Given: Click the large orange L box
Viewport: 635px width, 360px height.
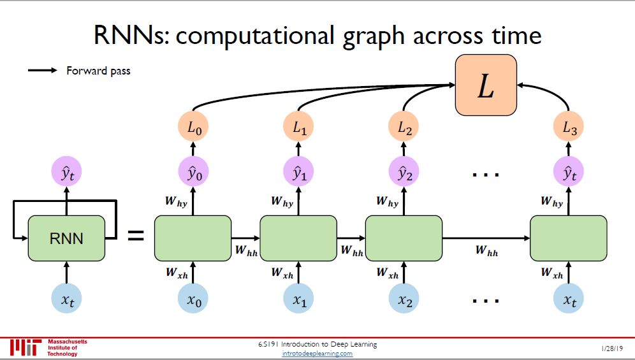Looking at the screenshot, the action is (x=485, y=85).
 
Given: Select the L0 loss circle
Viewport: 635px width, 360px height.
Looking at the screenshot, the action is (x=193, y=129).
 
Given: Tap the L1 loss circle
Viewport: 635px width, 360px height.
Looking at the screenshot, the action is (x=300, y=129).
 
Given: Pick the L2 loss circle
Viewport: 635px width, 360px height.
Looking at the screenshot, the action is (x=404, y=129).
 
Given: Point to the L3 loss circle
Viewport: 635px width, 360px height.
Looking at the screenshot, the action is (x=569, y=129).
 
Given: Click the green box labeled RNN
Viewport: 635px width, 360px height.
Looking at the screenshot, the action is (x=66, y=238).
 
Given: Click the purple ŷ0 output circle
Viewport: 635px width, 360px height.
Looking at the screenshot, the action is (x=193, y=173).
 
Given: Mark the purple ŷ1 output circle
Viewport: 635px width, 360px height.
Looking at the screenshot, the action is (x=300, y=173).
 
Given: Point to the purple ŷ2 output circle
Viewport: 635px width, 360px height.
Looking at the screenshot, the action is (x=404, y=173).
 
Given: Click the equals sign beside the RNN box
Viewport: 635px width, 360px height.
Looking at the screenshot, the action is (x=136, y=236).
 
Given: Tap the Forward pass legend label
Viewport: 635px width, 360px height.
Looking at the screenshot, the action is (x=98, y=71).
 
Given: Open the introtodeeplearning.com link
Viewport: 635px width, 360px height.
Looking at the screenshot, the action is (x=317, y=354).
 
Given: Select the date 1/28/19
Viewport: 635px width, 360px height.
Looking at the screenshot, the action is (x=611, y=349).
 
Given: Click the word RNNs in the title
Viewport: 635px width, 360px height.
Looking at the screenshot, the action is (x=131, y=35).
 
